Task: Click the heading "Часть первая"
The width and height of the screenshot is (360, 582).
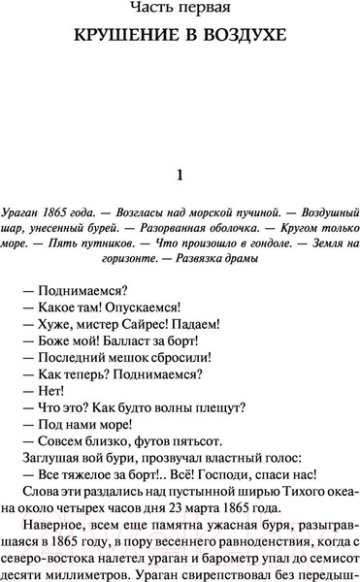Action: tap(180, 14)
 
